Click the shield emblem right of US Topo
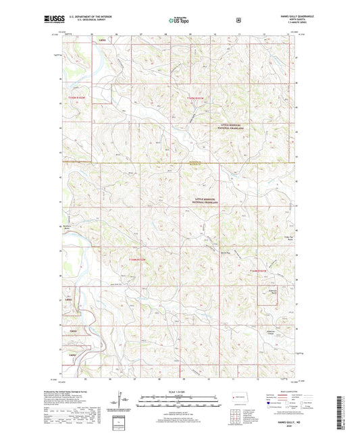tap(238, 20)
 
